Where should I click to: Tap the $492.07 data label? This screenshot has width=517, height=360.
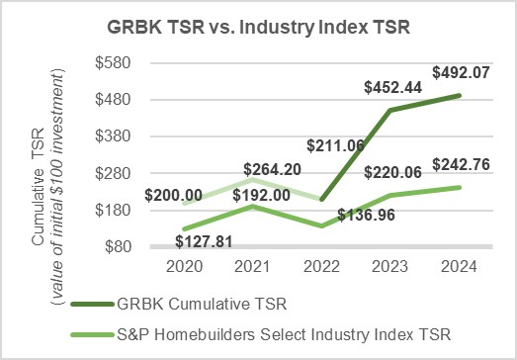[461, 72]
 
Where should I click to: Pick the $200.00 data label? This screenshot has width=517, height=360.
[174, 196]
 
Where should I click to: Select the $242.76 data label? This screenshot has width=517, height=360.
[461, 161]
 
